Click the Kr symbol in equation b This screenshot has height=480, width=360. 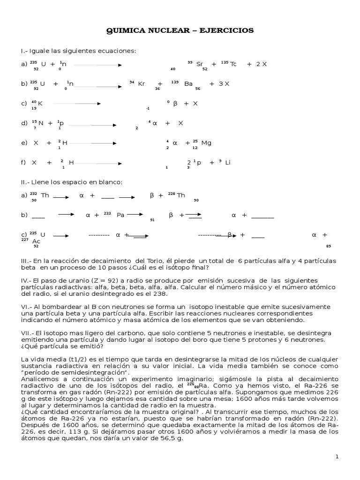pyautogui.click(x=142, y=84)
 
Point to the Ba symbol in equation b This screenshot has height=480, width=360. pyautogui.click(x=188, y=84)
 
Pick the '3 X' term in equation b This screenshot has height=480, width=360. pyautogui.click(x=224, y=84)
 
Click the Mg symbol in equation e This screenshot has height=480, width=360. pyautogui.click(x=206, y=142)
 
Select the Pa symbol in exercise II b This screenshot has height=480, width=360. pyautogui.click(x=120, y=215)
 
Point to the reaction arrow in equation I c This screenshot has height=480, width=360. pyautogui.click(x=75, y=103)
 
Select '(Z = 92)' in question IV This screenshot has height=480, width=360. pyautogui.click(x=84, y=280)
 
